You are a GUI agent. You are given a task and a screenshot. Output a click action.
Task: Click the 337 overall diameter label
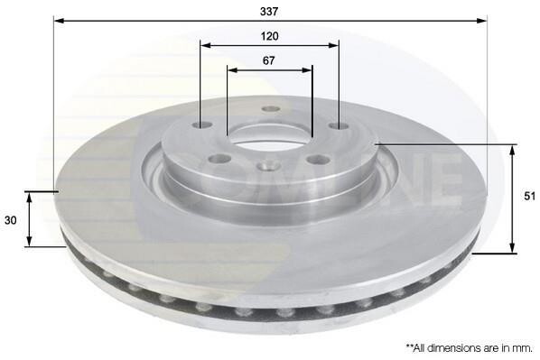click(269, 12)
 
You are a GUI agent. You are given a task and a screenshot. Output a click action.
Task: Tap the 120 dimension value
click(269, 36)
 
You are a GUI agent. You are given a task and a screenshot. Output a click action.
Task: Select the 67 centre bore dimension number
click(268, 60)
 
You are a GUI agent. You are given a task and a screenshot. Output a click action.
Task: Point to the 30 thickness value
click(10, 220)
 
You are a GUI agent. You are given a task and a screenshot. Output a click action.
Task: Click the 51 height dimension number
click(530, 196)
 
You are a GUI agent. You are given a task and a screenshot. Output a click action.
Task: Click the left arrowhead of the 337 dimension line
click(60, 21)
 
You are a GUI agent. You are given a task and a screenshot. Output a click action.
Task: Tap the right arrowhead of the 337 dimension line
click(481, 21)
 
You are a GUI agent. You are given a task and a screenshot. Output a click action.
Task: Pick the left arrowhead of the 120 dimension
click(206, 45)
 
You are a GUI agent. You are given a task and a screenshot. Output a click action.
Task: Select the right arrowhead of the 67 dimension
click(307, 70)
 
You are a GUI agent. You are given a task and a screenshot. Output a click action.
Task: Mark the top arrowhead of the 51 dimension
click(513, 151)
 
